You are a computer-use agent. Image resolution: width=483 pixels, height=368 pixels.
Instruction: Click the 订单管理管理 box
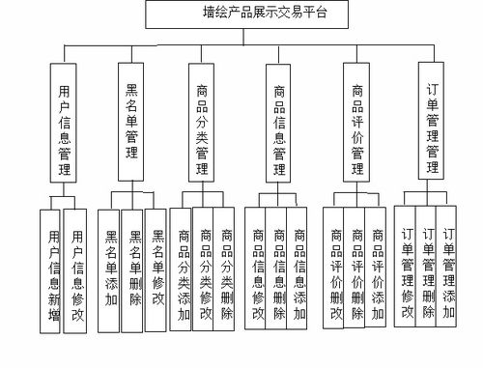click(x=432, y=121)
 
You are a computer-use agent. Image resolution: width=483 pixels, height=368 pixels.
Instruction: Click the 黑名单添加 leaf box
click(x=110, y=270)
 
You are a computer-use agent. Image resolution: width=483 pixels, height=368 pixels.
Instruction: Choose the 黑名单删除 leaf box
click(x=133, y=270)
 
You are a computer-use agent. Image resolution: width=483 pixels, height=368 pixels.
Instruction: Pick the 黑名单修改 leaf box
click(x=156, y=270)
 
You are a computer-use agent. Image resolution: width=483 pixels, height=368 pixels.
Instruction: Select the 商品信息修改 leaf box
click(x=257, y=270)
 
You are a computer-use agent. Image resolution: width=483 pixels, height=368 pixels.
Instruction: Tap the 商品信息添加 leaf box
click(x=299, y=270)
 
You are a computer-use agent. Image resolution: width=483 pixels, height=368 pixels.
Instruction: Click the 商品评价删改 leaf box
click(x=335, y=270)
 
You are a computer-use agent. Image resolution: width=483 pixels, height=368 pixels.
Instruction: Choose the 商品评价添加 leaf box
click(x=377, y=270)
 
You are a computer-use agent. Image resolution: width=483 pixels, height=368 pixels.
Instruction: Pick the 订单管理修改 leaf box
click(x=407, y=270)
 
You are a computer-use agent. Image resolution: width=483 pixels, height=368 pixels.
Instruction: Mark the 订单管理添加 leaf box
click(x=448, y=270)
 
